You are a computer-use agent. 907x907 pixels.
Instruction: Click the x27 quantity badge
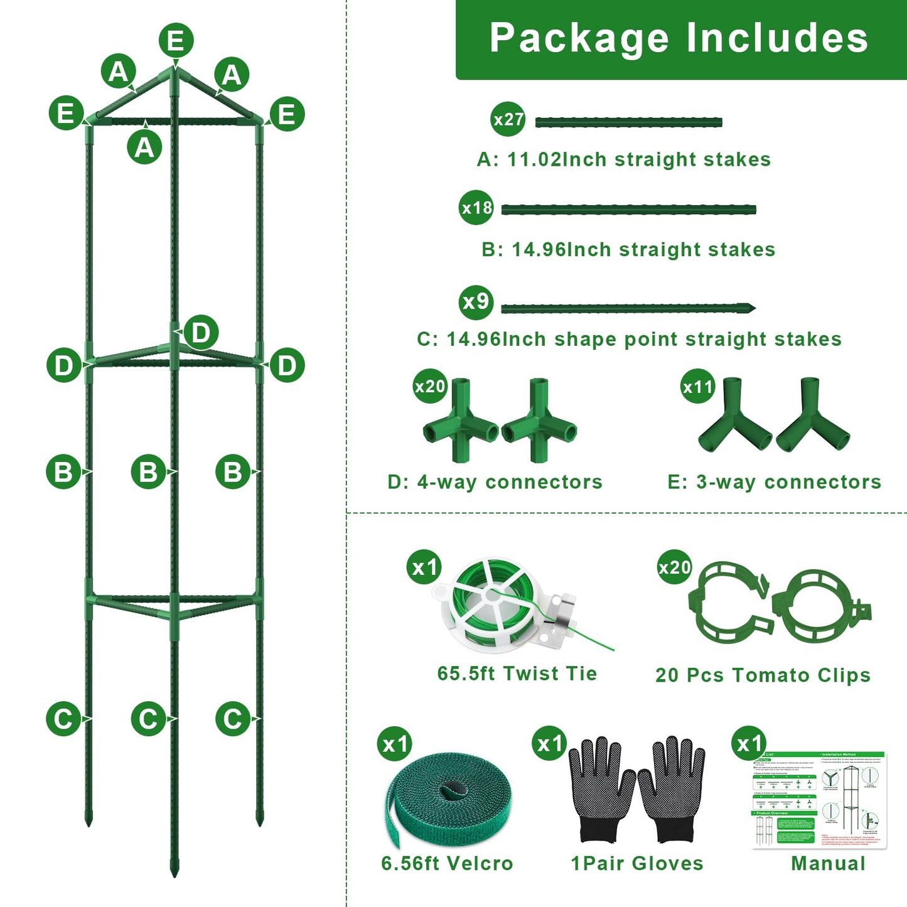pyautogui.click(x=507, y=119)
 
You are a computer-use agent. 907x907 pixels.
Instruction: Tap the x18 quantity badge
pyautogui.click(x=476, y=207)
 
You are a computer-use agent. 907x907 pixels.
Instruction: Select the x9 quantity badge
pyautogui.click(x=476, y=302)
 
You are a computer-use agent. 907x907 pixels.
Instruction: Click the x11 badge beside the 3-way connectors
pyautogui.click(x=698, y=386)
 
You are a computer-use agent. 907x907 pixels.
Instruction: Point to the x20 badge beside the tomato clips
pyautogui.click(x=674, y=567)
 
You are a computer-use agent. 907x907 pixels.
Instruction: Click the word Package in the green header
pyautogui.click(x=579, y=38)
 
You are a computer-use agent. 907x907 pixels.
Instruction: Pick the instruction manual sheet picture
pyautogui.click(x=819, y=798)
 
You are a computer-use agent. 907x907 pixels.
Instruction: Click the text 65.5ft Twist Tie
pyautogui.click(x=517, y=674)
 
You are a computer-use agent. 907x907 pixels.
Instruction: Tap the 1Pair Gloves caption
pyautogui.click(x=636, y=863)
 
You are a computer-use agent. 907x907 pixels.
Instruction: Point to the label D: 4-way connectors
pyautogui.click(x=495, y=482)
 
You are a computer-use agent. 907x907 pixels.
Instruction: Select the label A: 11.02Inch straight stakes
pyautogui.click(x=623, y=159)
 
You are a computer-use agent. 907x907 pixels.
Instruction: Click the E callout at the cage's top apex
pyautogui.click(x=176, y=41)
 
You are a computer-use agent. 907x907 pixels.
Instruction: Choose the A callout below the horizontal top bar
pyautogui.click(x=144, y=148)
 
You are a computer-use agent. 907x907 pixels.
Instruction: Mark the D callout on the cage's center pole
pyautogui.click(x=201, y=332)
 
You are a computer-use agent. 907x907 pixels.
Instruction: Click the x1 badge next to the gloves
pyautogui.click(x=549, y=744)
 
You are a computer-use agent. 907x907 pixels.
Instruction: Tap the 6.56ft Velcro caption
pyautogui.click(x=447, y=863)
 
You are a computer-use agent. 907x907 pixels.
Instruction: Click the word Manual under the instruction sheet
pyautogui.click(x=828, y=863)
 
